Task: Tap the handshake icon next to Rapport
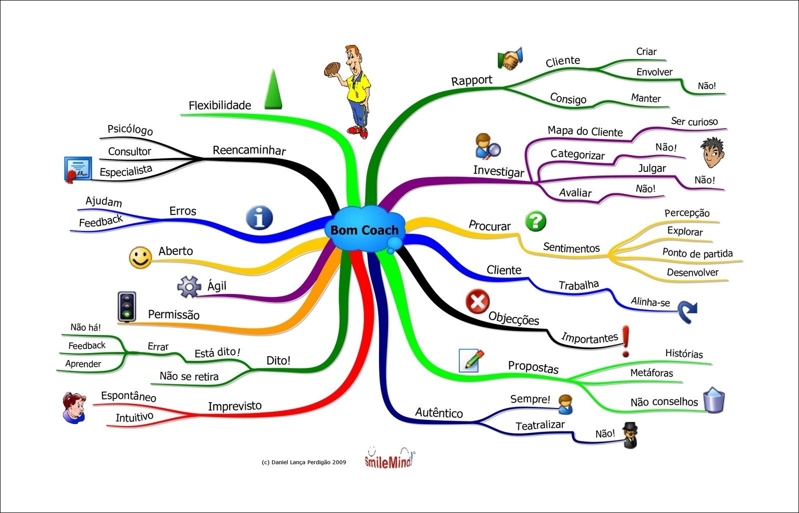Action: (509, 59)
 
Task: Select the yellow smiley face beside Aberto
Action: (140, 257)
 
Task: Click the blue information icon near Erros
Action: (259, 217)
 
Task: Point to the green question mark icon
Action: (535, 220)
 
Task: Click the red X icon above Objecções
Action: (477, 301)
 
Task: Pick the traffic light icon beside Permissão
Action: (127, 306)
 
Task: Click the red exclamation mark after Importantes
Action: (626, 341)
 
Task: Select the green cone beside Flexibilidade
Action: (273, 90)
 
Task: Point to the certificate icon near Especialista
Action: (77, 169)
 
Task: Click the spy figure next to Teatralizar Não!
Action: (630, 434)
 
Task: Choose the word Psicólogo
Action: (130, 129)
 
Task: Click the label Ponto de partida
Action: (697, 253)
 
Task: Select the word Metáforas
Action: (651, 373)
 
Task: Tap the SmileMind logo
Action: (389, 458)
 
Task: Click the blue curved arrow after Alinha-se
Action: (688, 312)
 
